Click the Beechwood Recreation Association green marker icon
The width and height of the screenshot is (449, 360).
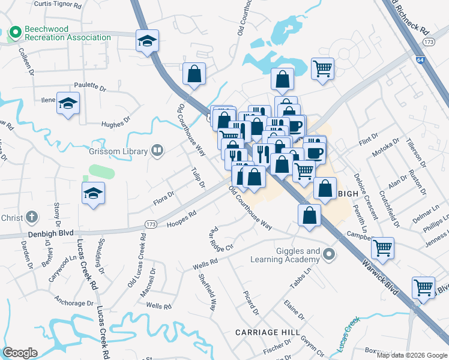(x=15, y=31)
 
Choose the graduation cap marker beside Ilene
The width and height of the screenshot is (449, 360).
(x=68, y=103)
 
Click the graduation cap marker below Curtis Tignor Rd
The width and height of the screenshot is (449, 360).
(x=146, y=41)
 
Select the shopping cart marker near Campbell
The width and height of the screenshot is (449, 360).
(x=382, y=247)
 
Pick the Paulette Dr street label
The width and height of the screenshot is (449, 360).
(x=89, y=86)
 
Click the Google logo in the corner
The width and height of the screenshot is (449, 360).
(x=20, y=353)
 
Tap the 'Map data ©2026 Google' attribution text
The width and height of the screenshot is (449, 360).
(x=412, y=355)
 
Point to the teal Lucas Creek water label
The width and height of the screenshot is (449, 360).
(x=348, y=333)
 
